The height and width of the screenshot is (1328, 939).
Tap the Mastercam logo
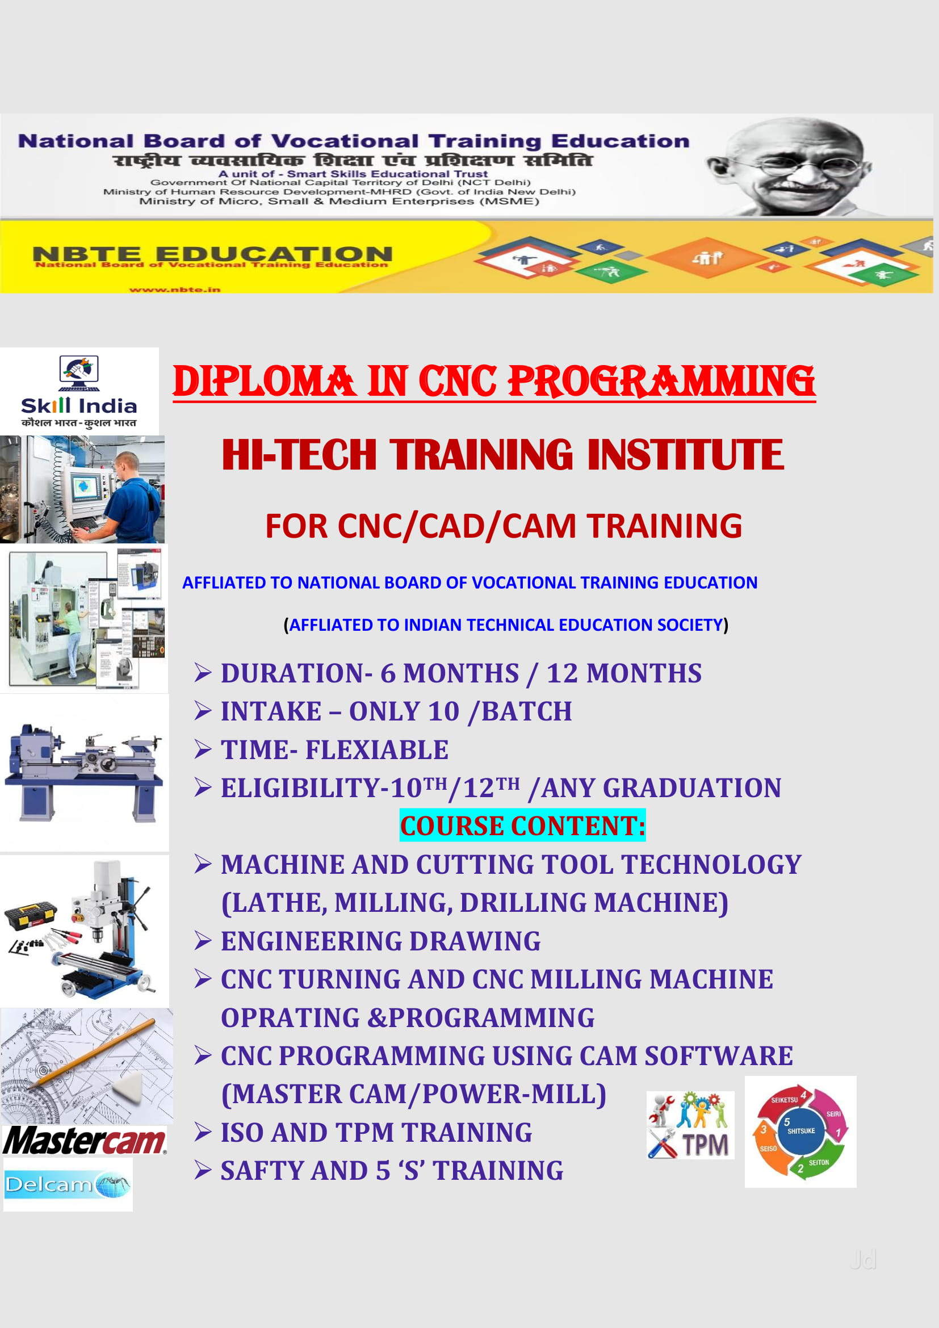(85, 1141)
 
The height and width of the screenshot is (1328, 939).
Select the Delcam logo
(68, 1184)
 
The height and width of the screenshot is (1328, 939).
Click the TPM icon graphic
(690, 1125)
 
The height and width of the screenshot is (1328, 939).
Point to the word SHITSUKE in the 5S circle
(801, 1131)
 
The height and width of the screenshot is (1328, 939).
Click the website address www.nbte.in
(175, 289)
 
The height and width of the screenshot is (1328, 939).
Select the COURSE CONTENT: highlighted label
(522, 826)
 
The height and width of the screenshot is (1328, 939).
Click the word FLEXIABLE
(376, 750)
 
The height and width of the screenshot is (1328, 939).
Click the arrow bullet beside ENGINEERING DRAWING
(203, 941)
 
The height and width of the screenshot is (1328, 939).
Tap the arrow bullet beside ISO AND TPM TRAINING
(203, 1133)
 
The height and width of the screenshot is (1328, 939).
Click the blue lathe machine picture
(84, 772)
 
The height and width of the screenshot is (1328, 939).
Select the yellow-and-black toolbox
(30, 914)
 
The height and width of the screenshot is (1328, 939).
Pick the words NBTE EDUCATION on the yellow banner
(212, 253)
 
